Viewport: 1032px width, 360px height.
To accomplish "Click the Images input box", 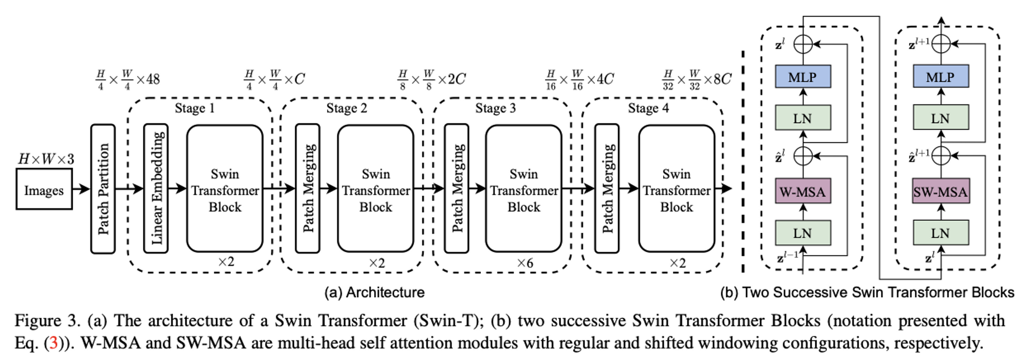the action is [44, 190].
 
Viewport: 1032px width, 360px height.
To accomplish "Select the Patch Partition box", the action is [103, 189].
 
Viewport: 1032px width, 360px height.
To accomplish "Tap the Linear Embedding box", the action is [156, 188].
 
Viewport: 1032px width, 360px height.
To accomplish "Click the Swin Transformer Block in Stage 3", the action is [524, 189].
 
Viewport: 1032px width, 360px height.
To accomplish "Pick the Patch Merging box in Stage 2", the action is [308, 188].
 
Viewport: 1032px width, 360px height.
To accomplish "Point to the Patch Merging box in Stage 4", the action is [607, 188].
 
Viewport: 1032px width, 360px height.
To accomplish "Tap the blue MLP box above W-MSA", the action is [802, 76].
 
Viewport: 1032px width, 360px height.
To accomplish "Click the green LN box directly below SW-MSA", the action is [940, 233].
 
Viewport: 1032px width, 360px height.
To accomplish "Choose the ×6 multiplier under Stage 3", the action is [525, 263].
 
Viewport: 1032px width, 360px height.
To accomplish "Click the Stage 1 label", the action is [195, 108].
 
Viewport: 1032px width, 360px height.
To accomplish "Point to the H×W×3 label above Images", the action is [46, 159].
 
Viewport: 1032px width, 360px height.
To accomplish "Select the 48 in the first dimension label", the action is [153, 79].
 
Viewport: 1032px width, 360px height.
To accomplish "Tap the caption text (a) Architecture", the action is [374, 292].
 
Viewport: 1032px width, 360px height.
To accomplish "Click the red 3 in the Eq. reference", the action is [53, 342].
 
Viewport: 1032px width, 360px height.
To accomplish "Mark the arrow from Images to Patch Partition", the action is [82, 189].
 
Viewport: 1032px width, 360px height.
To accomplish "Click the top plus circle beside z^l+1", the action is [941, 44].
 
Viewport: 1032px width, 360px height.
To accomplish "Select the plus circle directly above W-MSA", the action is [803, 155].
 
